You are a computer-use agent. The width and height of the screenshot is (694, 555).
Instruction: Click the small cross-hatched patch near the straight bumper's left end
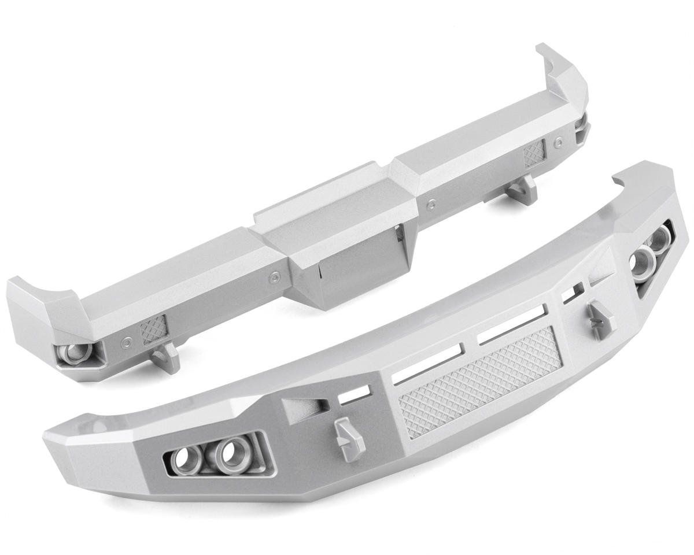153,331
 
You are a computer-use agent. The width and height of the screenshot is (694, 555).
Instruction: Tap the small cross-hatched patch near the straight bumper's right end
534,153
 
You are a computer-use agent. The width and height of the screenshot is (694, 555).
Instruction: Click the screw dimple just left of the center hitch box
273,277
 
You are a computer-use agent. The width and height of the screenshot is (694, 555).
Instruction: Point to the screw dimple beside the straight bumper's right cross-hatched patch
558,140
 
